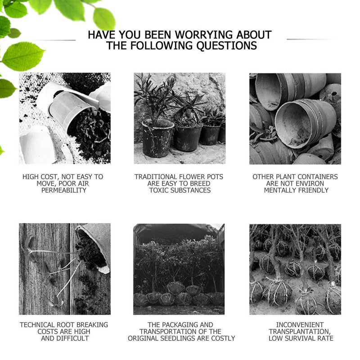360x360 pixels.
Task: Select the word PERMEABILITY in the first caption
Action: (64, 190)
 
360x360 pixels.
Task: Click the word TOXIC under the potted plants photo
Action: (159, 190)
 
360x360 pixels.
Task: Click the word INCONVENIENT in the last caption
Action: (300, 325)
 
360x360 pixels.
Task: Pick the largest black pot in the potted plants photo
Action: (158, 138)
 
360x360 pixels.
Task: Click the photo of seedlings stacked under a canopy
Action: (179, 269)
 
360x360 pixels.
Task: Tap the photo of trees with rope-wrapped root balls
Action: (295, 269)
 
